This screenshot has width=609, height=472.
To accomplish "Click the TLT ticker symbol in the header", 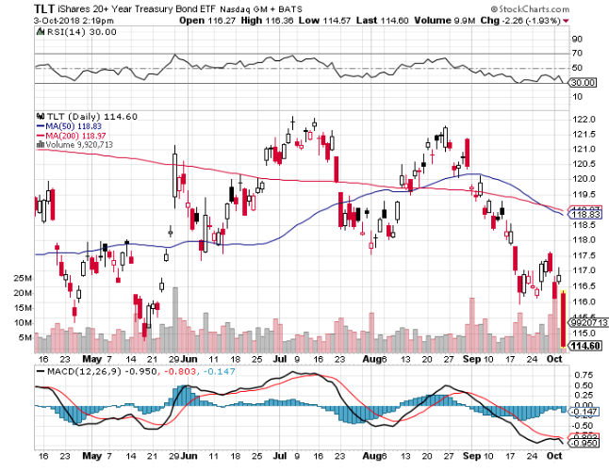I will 20,8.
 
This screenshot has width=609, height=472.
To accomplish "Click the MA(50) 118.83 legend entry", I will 72,123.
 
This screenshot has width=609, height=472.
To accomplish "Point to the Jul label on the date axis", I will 279,359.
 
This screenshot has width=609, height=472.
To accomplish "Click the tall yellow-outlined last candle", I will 563,318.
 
